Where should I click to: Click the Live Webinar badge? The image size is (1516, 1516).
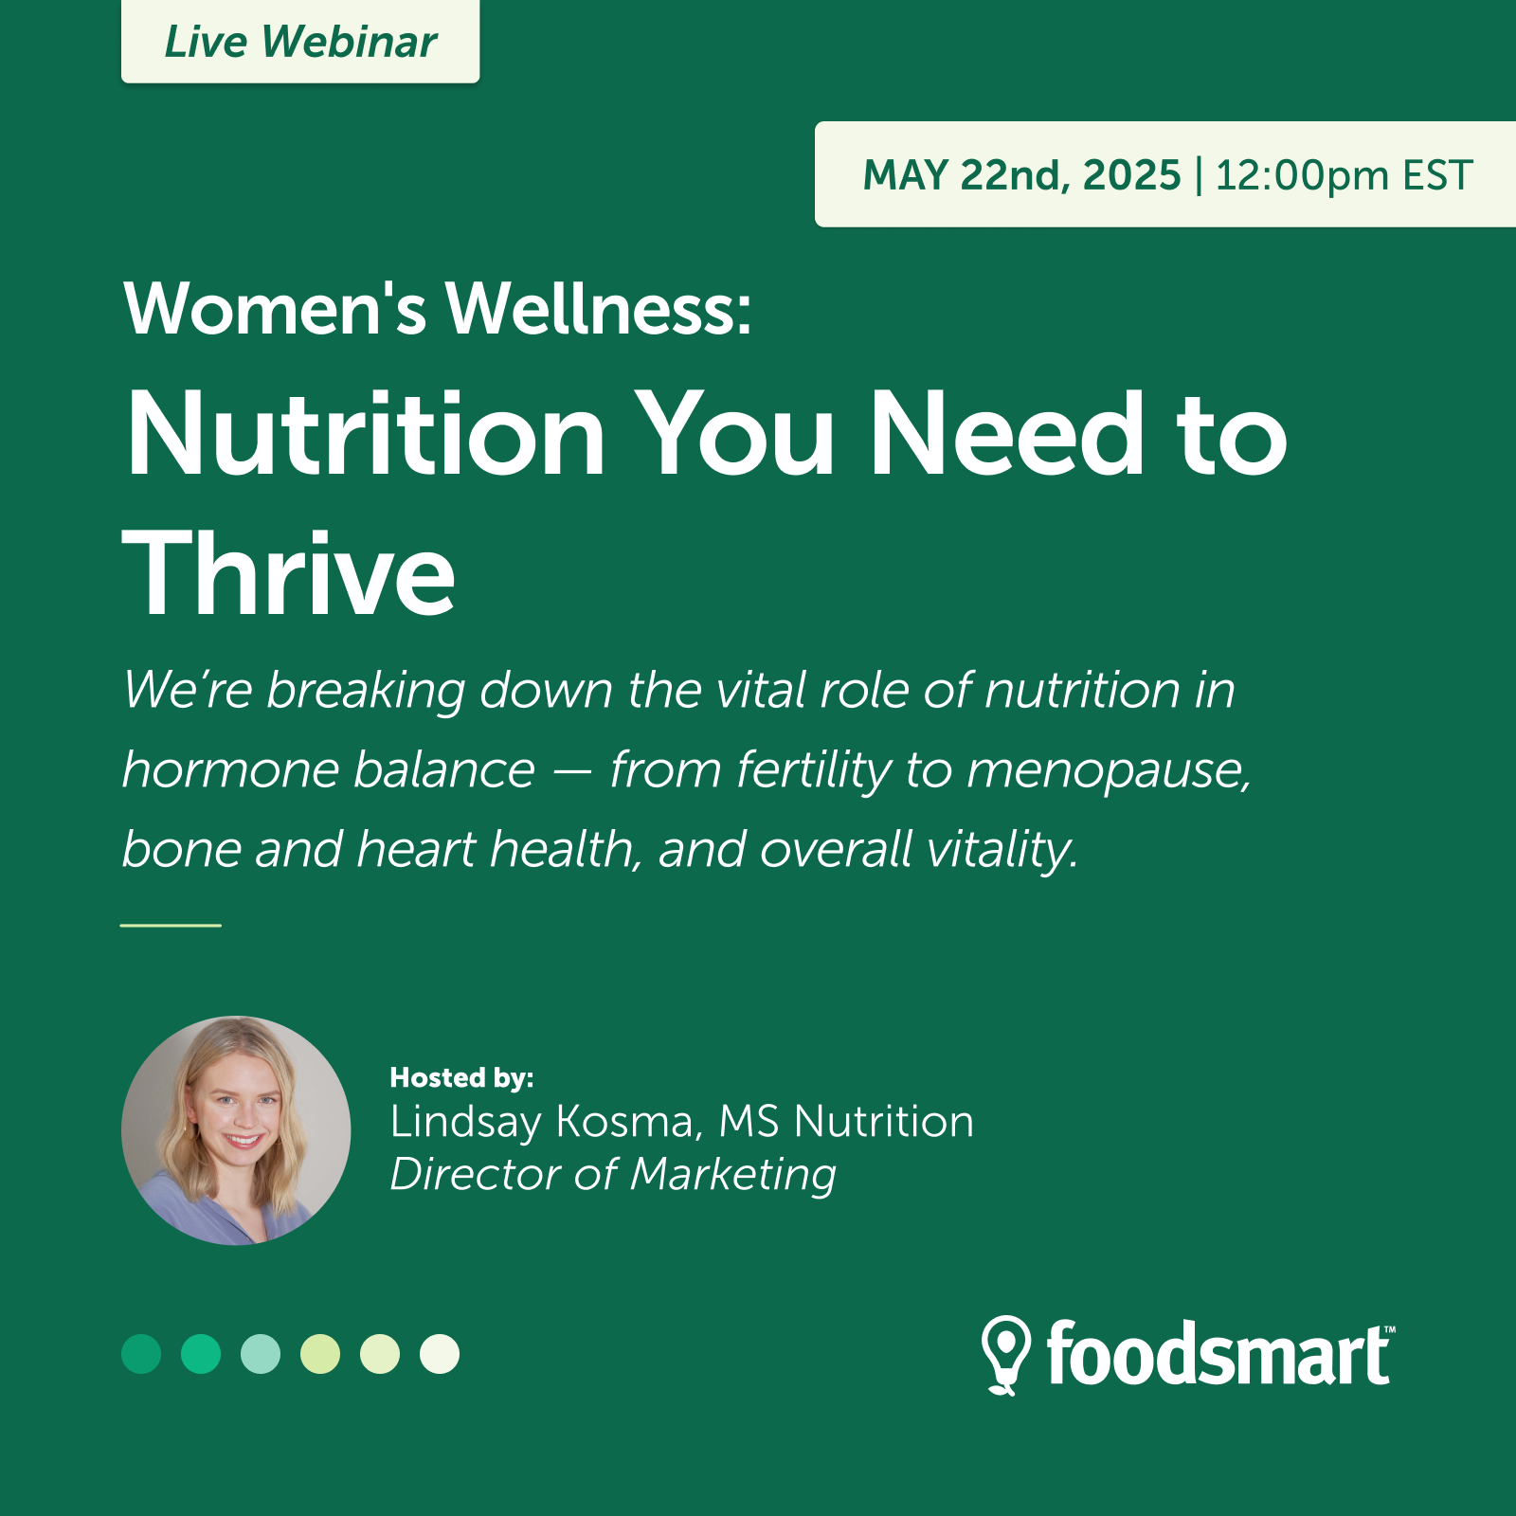[x=300, y=42]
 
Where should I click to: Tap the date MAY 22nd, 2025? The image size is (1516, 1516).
[x=1022, y=175]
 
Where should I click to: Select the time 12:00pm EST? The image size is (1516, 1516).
[x=1344, y=175]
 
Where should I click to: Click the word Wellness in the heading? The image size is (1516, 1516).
[x=599, y=309]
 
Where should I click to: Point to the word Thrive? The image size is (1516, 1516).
[x=289, y=572]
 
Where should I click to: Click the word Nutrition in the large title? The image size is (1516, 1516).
[x=365, y=433]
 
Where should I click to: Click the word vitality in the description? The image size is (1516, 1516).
[x=1002, y=850]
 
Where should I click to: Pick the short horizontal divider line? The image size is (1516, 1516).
[x=171, y=925]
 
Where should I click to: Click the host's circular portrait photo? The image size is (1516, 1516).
[x=236, y=1130]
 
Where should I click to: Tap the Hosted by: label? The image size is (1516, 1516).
[x=461, y=1078]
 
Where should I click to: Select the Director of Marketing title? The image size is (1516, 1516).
[x=613, y=1176]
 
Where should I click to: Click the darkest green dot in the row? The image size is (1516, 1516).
[x=141, y=1354]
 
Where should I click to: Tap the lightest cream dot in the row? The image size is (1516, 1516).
[x=440, y=1354]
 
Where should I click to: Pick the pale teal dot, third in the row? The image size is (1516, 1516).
[x=261, y=1354]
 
